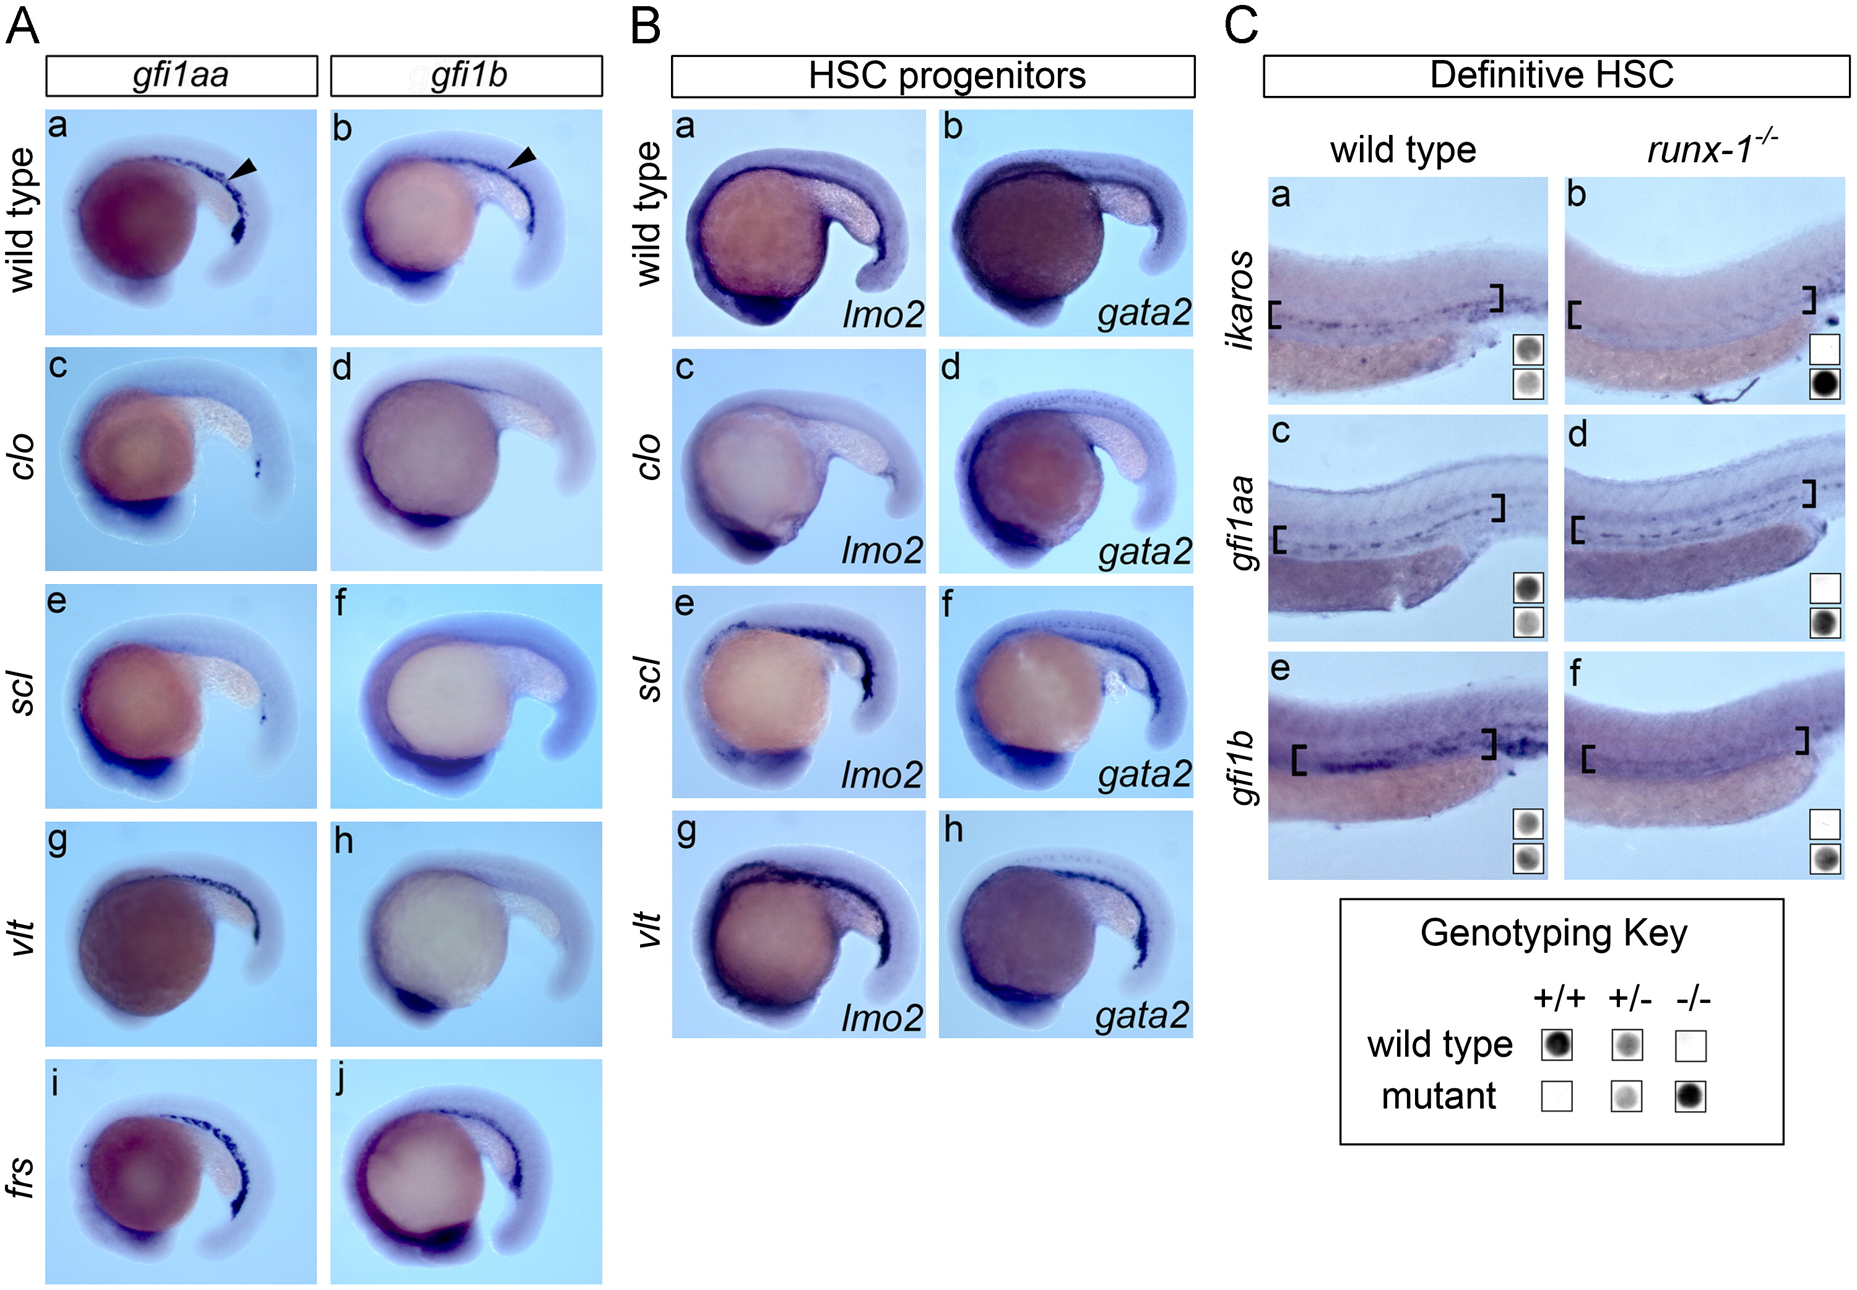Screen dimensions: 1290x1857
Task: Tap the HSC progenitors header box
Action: [x=932, y=76]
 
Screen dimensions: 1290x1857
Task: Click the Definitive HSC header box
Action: [x=1556, y=76]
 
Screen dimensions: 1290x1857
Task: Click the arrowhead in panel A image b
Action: [x=523, y=157]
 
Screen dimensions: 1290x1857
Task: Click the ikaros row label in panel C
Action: [x=1241, y=299]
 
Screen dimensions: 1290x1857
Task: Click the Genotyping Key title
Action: [x=1553, y=933]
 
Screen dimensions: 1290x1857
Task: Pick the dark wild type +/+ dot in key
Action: [x=1556, y=1044]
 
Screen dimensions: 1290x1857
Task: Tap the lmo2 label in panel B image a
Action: [x=883, y=314]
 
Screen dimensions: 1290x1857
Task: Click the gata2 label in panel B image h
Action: [x=1142, y=1015]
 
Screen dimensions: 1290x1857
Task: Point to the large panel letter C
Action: [x=1241, y=26]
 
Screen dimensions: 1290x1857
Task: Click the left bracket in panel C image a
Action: [x=1275, y=314]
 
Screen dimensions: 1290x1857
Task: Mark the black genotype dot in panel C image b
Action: [x=1825, y=384]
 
